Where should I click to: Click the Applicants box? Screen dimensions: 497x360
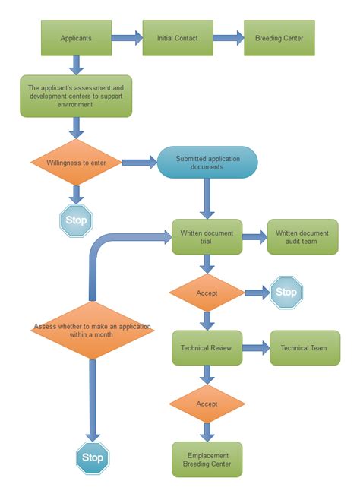coord(76,37)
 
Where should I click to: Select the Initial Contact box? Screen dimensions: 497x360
coord(178,37)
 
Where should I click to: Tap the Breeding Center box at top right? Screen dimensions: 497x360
coord(279,37)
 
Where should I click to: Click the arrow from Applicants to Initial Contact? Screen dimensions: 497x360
coord(127,37)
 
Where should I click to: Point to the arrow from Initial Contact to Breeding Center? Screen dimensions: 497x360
coord(228,37)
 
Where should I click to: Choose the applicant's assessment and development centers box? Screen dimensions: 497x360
coord(76,96)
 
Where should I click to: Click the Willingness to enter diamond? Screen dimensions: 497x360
coord(76,162)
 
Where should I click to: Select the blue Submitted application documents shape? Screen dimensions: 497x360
coord(207,162)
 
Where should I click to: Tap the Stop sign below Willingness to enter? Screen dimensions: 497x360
coord(76,221)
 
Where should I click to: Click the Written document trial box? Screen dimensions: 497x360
coord(207,237)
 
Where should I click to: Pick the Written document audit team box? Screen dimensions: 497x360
coord(302,237)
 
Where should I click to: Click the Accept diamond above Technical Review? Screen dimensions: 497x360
coord(207,293)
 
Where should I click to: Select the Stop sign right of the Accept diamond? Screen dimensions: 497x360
coord(286,293)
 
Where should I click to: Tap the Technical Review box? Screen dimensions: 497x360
coord(207,348)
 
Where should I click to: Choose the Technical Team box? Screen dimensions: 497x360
coord(305,348)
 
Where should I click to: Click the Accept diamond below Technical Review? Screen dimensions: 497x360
coord(207,404)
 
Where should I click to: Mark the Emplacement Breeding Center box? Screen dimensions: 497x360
coord(207,459)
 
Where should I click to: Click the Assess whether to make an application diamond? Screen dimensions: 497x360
coord(92,331)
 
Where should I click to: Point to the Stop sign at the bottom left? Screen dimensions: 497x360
coord(93,457)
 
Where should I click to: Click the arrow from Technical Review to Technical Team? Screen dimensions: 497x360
coord(256,348)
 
